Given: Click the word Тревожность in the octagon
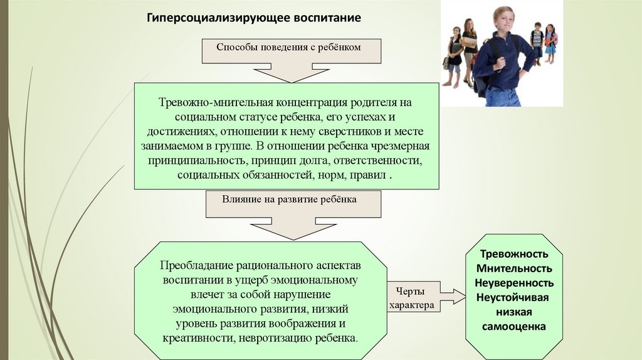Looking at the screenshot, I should coord(514,254).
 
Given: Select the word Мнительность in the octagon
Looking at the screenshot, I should coord(514,268).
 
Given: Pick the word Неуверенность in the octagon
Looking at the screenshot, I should coord(514,283).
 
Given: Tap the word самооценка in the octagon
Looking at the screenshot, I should coord(514,326).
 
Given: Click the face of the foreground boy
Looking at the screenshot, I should coord(503,19).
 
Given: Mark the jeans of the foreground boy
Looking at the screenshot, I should coord(503,97).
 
